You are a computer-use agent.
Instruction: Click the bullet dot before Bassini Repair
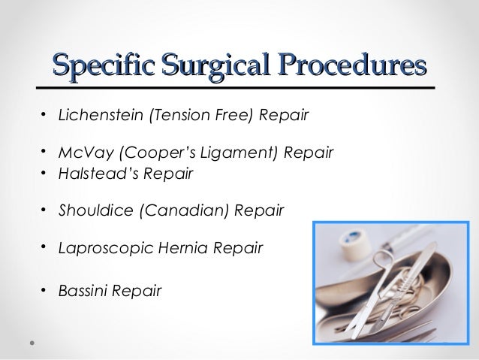pyautogui.click(x=44, y=289)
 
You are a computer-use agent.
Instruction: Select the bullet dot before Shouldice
pyautogui.click(x=44, y=210)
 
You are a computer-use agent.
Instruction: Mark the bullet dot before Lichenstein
pyautogui.click(x=44, y=116)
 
